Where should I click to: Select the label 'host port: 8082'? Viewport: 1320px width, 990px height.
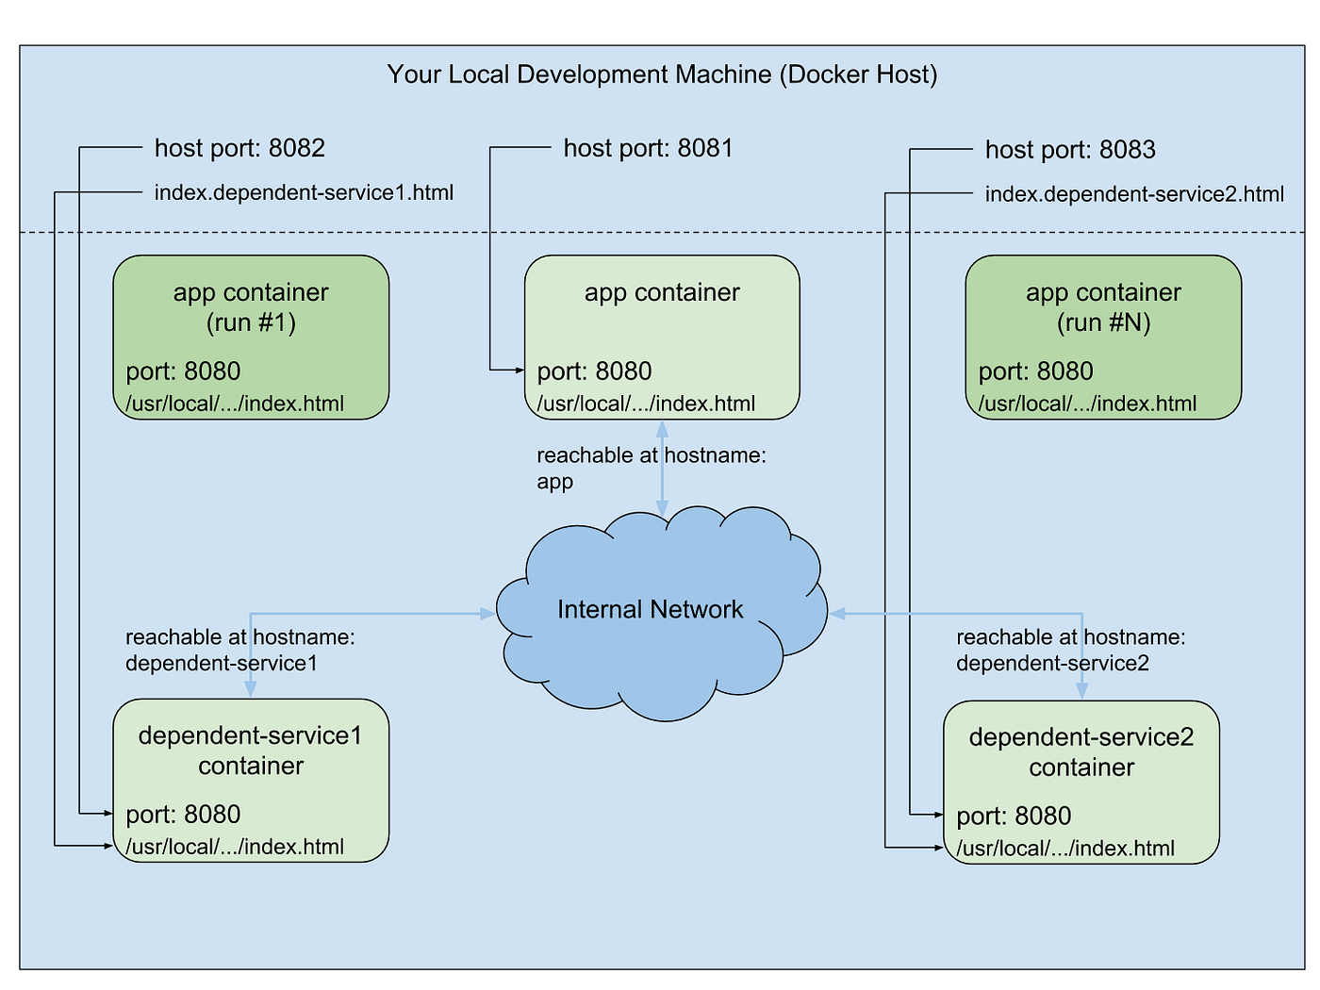pyautogui.click(x=239, y=148)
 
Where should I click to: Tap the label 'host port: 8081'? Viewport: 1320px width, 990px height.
pyautogui.click(x=648, y=148)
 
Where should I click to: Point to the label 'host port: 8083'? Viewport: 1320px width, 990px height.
pyautogui.click(x=1070, y=150)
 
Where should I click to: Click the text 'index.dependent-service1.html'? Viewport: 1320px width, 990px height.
pyautogui.click(x=304, y=193)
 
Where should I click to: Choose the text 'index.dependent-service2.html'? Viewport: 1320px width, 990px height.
pyautogui.click(x=1134, y=195)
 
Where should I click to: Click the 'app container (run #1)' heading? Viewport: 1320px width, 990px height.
pyautogui.click(x=251, y=307)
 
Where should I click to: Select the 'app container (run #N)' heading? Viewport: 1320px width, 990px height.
pyautogui.click(x=1103, y=307)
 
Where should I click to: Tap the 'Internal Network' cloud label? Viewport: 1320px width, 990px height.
pyautogui.click(x=650, y=610)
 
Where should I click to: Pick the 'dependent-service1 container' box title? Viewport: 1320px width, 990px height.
pyautogui.click(x=251, y=751)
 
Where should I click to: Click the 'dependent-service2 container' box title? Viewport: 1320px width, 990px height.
pyautogui.click(x=1081, y=752)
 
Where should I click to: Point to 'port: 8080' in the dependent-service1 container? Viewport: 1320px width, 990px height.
pyautogui.click(x=183, y=814)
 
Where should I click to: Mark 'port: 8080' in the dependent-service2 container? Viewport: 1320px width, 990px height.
pyautogui.click(x=1014, y=816)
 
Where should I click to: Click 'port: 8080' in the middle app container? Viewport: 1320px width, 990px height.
pyautogui.click(x=594, y=371)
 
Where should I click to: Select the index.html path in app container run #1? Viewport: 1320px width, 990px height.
pyautogui.click(x=235, y=404)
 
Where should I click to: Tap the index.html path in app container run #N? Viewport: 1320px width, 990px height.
pyautogui.click(x=1087, y=404)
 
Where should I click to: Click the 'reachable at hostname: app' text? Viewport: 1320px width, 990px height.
pyautogui.click(x=651, y=469)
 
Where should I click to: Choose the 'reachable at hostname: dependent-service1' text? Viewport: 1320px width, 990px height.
pyautogui.click(x=239, y=651)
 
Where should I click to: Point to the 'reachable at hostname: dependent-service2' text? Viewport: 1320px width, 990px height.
pyautogui.click(x=1070, y=651)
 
